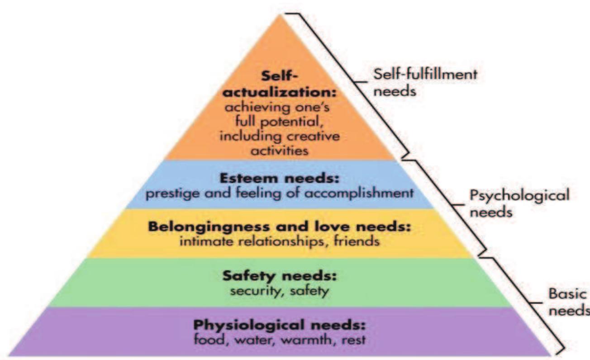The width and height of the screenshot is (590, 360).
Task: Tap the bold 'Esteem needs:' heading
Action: pyautogui.click(x=279, y=179)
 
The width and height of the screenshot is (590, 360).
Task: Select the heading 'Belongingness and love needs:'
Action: pyautogui.click(x=279, y=227)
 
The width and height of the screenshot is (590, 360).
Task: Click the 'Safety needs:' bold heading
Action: pyautogui.click(x=279, y=275)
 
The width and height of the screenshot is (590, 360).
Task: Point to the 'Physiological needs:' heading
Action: pyautogui.click(x=279, y=325)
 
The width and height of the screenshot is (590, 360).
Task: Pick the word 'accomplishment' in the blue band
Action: pyautogui.click(x=370, y=193)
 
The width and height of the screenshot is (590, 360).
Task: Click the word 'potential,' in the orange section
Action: pyautogui.click(x=288, y=123)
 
